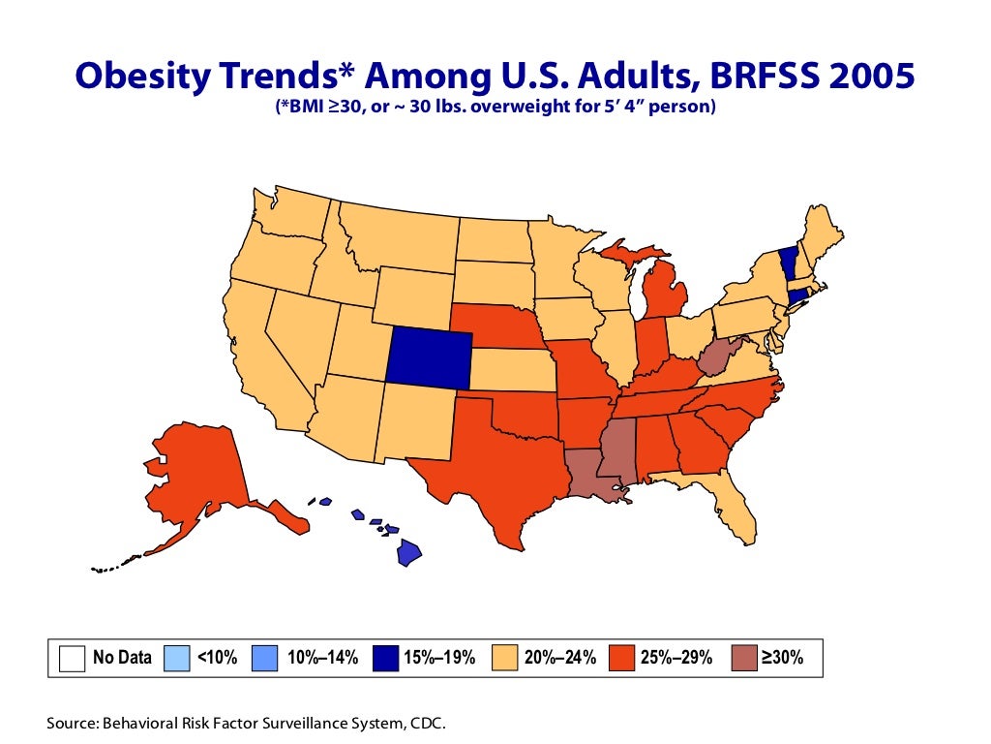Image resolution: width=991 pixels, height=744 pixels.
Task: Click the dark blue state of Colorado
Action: click(x=429, y=356)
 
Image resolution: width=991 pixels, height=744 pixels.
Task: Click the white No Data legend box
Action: click(x=72, y=658)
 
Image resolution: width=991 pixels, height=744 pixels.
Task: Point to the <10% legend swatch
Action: click(x=177, y=658)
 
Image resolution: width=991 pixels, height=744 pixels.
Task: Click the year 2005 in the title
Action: click(x=864, y=76)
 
